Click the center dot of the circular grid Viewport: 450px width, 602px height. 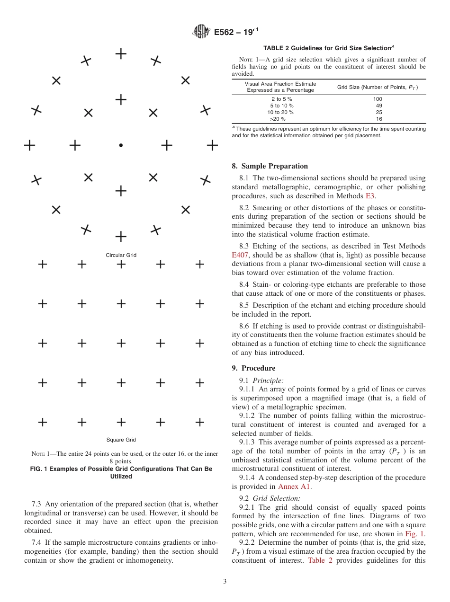pos(121,145)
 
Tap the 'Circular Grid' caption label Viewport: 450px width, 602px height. pos(121,255)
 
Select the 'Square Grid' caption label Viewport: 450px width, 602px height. pos(121,440)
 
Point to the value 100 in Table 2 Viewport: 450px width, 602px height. pos(378,99)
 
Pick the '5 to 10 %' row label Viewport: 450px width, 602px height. pos(281,106)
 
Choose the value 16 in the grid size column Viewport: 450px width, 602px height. pos(378,119)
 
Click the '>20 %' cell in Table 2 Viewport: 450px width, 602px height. pos(281,119)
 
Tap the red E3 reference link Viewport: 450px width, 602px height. pos(370,196)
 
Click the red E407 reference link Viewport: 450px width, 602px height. pos(240,255)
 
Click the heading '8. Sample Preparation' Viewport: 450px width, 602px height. pos(270,166)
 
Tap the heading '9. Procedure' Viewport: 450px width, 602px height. pos(253,368)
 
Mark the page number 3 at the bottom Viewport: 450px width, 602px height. pos(225,582)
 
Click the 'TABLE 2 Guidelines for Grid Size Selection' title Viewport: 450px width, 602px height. pos(329,48)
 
